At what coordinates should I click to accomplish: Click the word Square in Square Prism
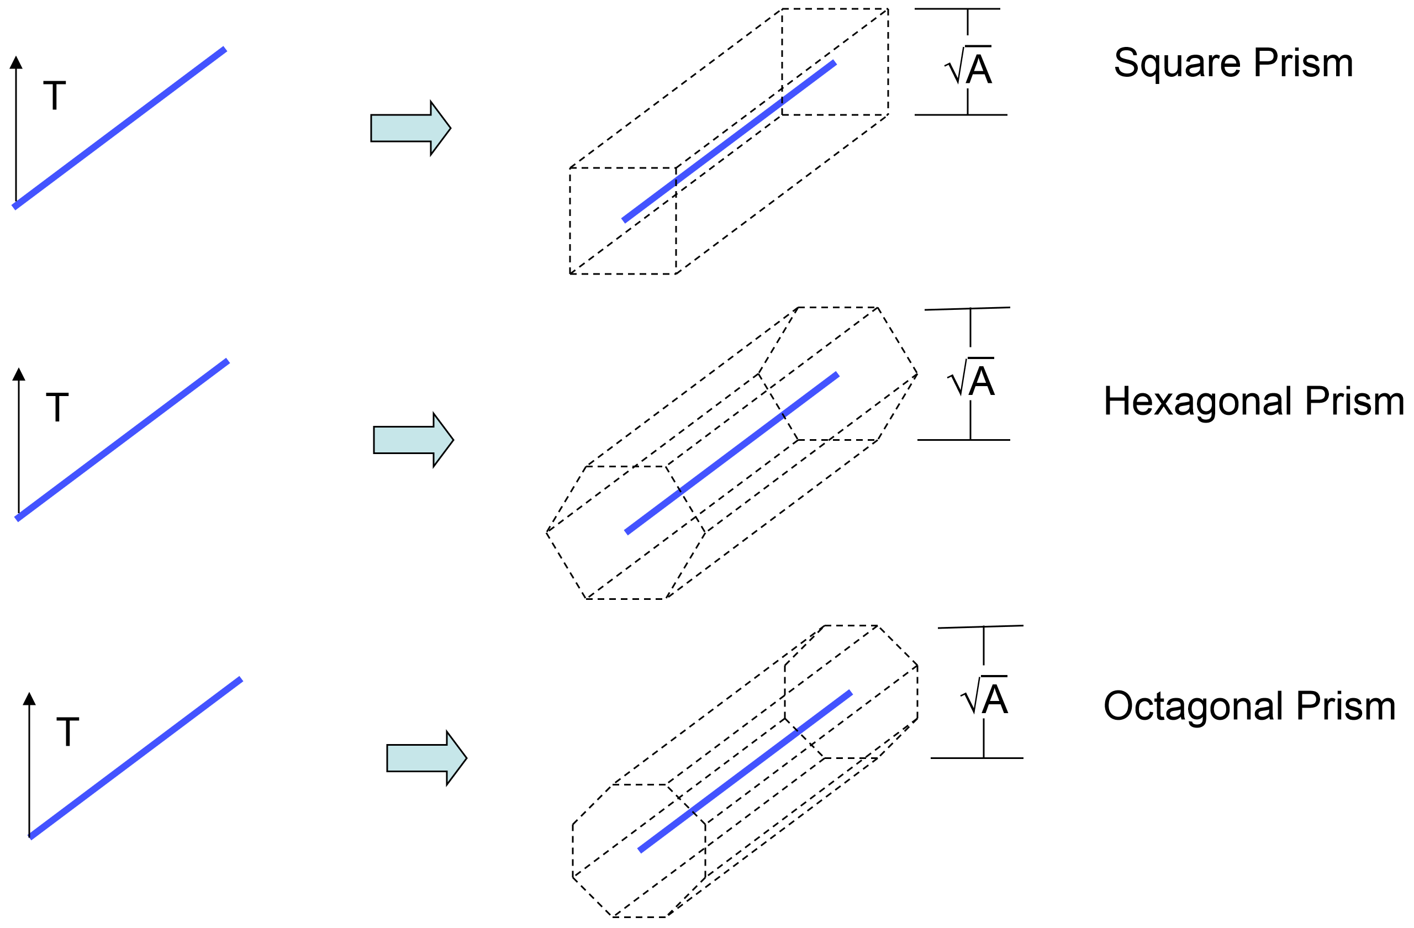[x=1178, y=64]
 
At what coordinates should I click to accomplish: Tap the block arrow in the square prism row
[x=410, y=128]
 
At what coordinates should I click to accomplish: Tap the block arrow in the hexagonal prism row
[x=413, y=440]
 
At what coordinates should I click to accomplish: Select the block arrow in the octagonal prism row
[x=426, y=758]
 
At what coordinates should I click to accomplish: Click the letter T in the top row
[x=55, y=96]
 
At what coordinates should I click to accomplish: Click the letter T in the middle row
[x=57, y=408]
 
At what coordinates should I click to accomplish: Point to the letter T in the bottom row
[x=68, y=732]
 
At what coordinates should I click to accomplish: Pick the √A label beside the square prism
[x=969, y=66]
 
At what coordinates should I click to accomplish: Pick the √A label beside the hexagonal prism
[x=972, y=378]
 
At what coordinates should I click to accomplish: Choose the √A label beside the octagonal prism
[x=985, y=697]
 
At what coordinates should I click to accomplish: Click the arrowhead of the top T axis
[x=16, y=62]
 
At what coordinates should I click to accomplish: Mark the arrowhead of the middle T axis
[x=19, y=374]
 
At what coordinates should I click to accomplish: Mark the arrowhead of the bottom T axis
[x=29, y=699]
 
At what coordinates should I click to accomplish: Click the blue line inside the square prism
[x=729, y=141]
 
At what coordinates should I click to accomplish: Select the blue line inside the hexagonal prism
[x=731, y=454]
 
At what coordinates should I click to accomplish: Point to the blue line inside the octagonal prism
[x=745, y=772]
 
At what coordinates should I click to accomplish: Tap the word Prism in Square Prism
[x=1304, y=64]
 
